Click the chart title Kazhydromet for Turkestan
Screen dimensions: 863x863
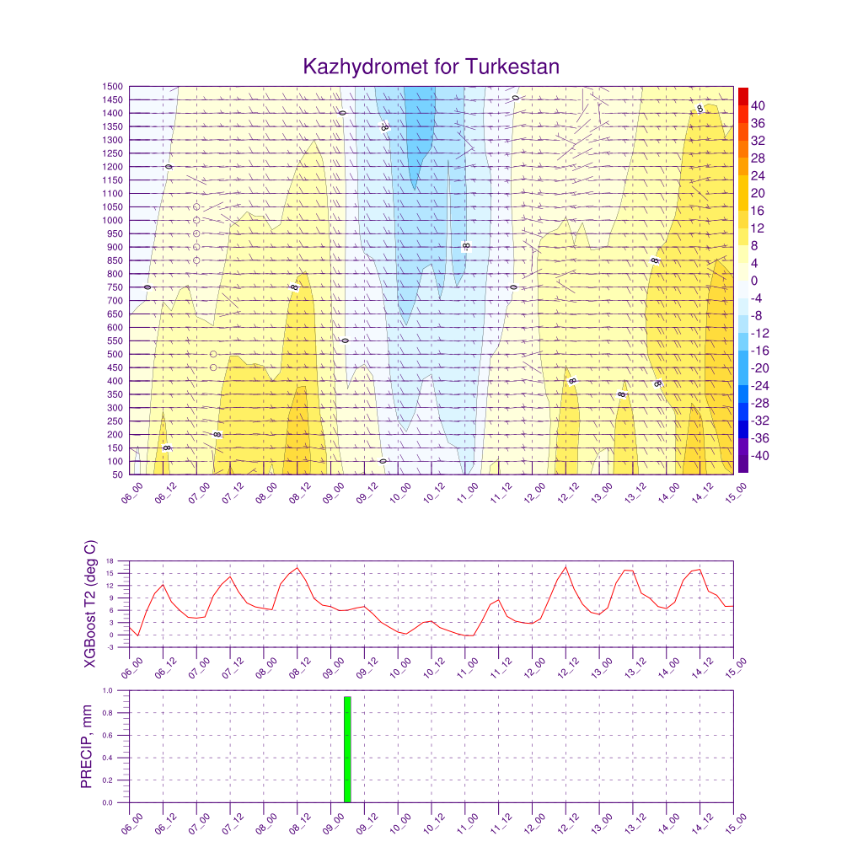[x=431, y=67]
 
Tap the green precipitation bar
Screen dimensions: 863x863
[x=347, y=749]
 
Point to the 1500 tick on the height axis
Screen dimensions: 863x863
[x=113, y=86]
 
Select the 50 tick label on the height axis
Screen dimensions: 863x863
[x=117, y=474]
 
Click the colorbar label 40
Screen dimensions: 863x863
[x=758, y=105]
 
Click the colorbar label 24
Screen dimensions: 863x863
[x=758, y=175]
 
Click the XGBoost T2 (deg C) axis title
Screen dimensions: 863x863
[x=90, y=604]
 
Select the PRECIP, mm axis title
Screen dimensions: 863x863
[x=86, y=747]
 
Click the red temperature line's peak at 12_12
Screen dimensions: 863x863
[x=566, y=566]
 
